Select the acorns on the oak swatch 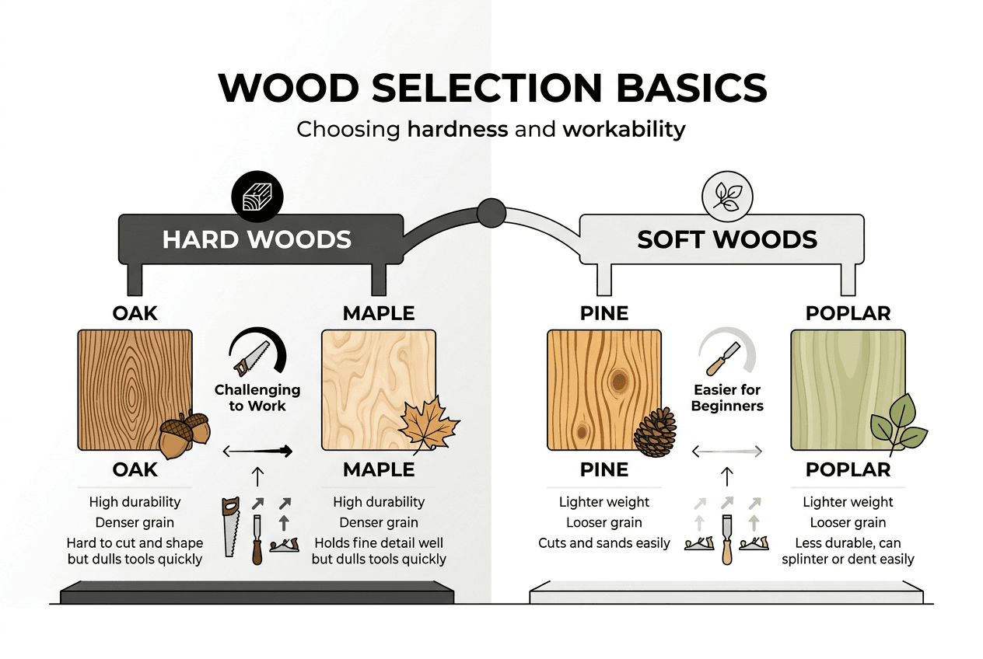point(184,434)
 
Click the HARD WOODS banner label point(257,239)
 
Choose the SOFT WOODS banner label point(727,239)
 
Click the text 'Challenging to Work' point(257,397)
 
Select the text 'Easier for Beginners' point(727,397)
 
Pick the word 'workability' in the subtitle point(624,128)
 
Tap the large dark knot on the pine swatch point(619,380)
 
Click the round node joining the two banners point(491,213)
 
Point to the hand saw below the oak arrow point(231,526)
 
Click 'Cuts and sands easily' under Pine point(603,543)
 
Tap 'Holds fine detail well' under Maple point(379,543)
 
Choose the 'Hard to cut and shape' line point(146,543)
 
